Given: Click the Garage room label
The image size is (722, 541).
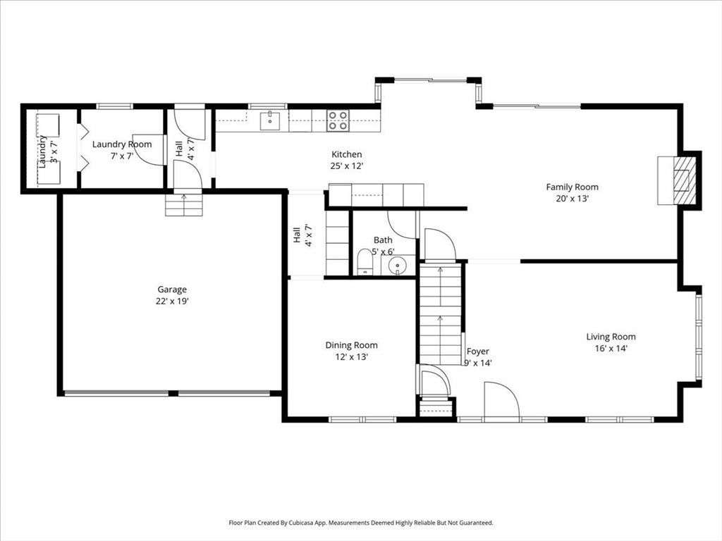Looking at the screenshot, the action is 172,290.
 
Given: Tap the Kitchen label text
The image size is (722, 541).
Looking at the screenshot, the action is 347,154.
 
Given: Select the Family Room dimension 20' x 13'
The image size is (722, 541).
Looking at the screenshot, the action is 573,199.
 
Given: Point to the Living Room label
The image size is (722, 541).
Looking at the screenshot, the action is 611,337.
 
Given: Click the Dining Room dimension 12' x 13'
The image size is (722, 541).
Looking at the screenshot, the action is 351,357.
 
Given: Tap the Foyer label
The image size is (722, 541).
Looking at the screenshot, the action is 477,352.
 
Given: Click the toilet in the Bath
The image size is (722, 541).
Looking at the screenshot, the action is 365,262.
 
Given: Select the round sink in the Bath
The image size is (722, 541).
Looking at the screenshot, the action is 397,266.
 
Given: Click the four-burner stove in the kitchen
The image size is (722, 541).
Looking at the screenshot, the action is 338,120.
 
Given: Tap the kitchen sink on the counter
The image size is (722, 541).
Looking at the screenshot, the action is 269,120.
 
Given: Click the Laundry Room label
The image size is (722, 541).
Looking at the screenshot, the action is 122,144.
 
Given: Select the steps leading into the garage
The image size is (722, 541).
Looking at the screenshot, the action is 184,205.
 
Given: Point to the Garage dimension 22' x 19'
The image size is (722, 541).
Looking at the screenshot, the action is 173,301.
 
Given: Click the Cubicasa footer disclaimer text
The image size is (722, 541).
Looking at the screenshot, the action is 361,523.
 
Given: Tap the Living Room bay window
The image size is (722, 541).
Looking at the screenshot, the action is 699,337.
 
